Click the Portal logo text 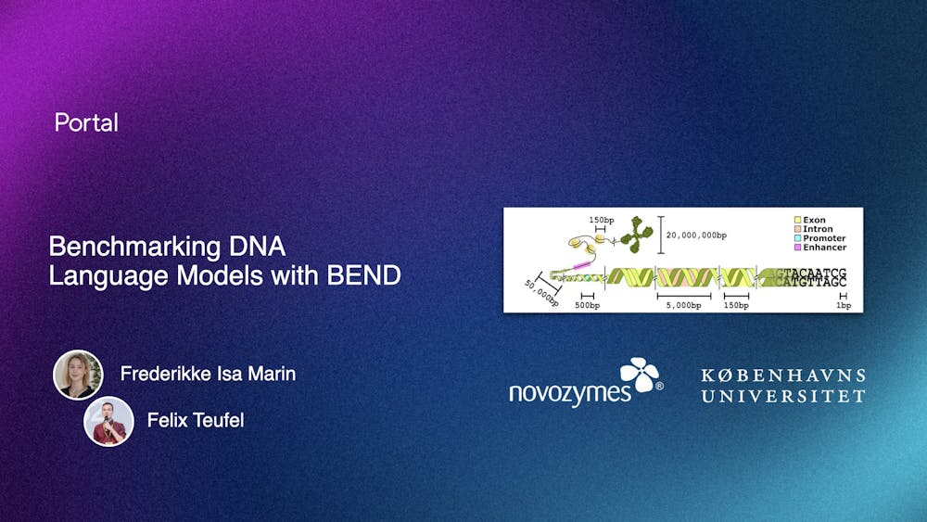[86, 122]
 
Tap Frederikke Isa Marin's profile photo [78, 375]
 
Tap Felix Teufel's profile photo [109, 421]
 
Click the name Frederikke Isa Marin [208, 374]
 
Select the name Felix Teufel [196, 421]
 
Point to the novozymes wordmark [568, 392]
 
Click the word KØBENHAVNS [783, 376]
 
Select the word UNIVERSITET [783, 396]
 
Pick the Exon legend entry [811, 221]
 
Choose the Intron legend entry [815, 230]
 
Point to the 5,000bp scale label [684, 304]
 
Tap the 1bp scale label [843, 304]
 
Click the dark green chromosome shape [637, 235]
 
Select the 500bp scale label [587, 304]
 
